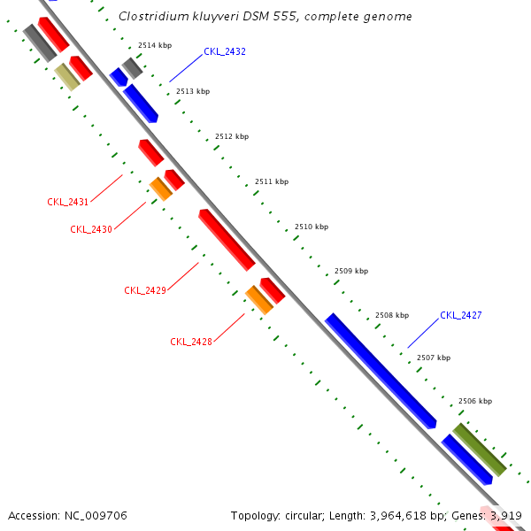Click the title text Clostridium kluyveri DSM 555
[265, 17]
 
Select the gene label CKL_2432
[225, 51]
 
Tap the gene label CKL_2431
[68, 202]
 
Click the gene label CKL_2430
[91, 229]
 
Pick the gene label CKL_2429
[145, 290]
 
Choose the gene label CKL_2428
[191, 342]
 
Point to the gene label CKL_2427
[461, 315]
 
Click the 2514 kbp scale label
[155, 45]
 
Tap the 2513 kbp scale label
[193, 91]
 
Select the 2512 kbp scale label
[232, 136]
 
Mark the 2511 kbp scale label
[272, 181]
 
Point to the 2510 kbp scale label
[312, 227]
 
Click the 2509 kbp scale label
[351, 271]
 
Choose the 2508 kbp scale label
[392, 315]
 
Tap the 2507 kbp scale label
[434, 358]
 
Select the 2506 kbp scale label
[475, 401]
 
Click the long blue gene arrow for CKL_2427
[381, 371]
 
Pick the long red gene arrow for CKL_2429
[227, 239]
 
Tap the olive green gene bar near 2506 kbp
[479, 449]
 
